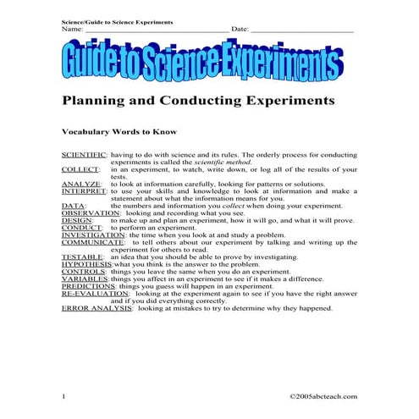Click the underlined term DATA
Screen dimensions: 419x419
[x=73, y=206]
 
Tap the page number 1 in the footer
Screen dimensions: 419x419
[x=63, y=396]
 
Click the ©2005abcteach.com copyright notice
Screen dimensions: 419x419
[x=323, y=396]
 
